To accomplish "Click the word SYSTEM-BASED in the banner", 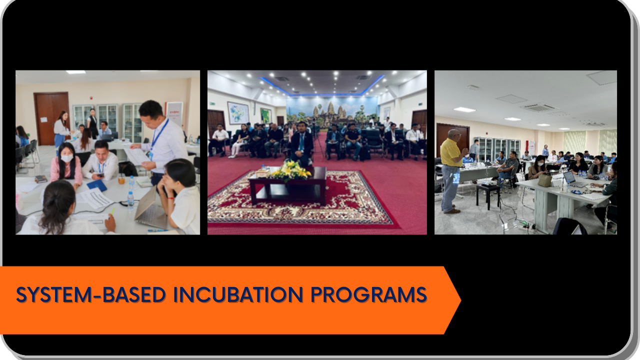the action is [91, 294].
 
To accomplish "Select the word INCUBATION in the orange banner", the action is [238, 294].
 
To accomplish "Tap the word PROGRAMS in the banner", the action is [369, 294].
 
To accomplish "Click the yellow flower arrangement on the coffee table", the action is [291, 171].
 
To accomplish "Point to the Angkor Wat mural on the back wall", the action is [331, 111].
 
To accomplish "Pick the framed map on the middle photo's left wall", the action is [238, 113].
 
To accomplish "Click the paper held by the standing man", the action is [137, 156].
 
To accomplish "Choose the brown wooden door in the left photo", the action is [51, 118].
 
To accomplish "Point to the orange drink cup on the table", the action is [121, 179].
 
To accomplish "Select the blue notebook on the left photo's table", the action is [97, 185].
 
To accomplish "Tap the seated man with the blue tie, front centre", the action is [301, 144].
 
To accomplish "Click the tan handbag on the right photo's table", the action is [545, 179].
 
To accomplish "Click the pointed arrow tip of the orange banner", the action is [460, 300].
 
